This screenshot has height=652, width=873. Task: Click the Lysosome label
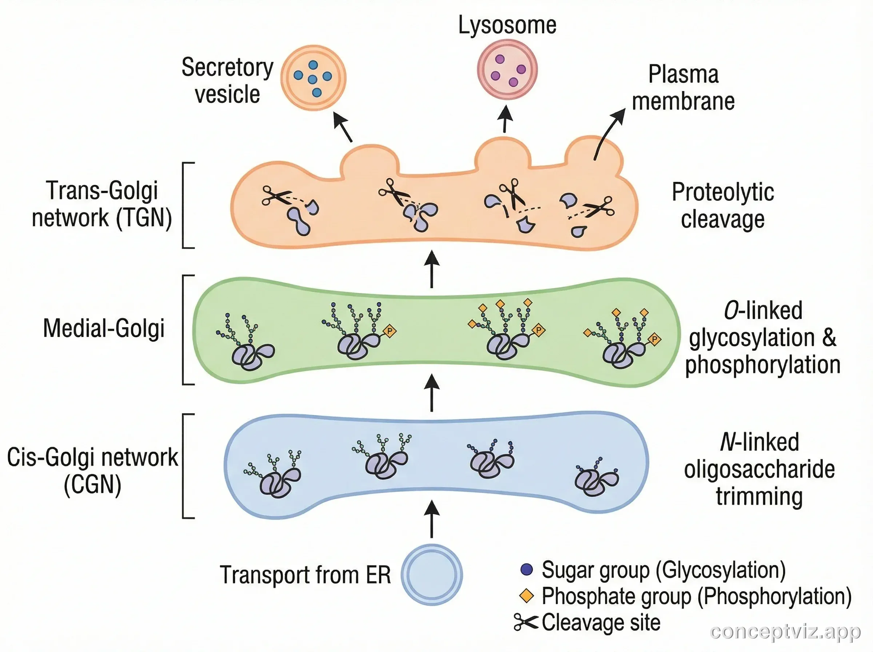tap(507, 25)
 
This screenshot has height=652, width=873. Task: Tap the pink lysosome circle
tap(507, 70)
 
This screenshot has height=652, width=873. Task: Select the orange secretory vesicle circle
tap(313, 78)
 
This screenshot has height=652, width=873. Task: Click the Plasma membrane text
tap(683, 88)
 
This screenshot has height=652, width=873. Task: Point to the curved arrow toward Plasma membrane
tap(607, 132)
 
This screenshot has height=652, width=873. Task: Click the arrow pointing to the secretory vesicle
tap(342, 127)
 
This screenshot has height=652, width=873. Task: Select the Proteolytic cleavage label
tap(723, 205)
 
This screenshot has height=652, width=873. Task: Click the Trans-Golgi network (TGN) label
tap(102, 204)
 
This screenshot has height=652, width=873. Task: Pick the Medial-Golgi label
tap(104, 329)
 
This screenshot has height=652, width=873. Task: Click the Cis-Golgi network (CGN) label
tap(92, 470)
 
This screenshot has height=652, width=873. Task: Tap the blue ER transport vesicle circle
tap(431, 574)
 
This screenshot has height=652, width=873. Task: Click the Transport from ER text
tap(305, 575)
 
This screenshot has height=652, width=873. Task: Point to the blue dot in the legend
tap(527, 569)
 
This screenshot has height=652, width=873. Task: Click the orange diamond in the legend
tap(527, 596)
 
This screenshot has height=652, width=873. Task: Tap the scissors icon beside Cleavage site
tap(526, 623)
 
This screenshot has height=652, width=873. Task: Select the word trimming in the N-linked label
tap(760, 497)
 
